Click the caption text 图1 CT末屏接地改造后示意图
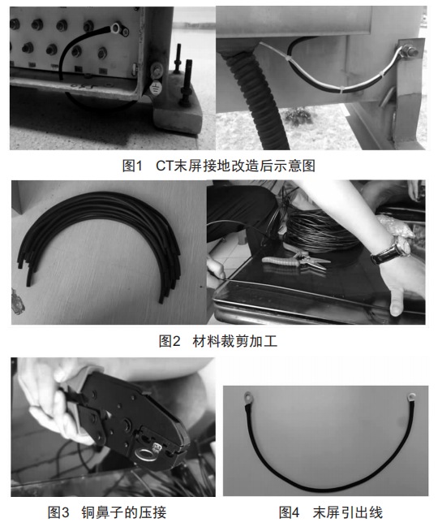pyautogui.click(x=219, y=166)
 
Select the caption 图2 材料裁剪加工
pyautogui.click(x=218, y=341)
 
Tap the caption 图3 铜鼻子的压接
pyautogui.click(x=107, y=512)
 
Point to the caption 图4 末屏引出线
pyautogui.click(x=331, y=512)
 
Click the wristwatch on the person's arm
pyautogui.click(x=391, y=249)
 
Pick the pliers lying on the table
pyautogui.click(x=296, y=261)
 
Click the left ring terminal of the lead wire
pyautogui.click(x=248, y=397)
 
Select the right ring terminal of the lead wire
pyautogui.click(x=411, y=397)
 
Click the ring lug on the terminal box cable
pyautogui.click(x=117, y=28)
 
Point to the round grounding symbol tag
pyautogui.click(x=156, y=88)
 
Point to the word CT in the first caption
pyautogui.click(x=165, y=166)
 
